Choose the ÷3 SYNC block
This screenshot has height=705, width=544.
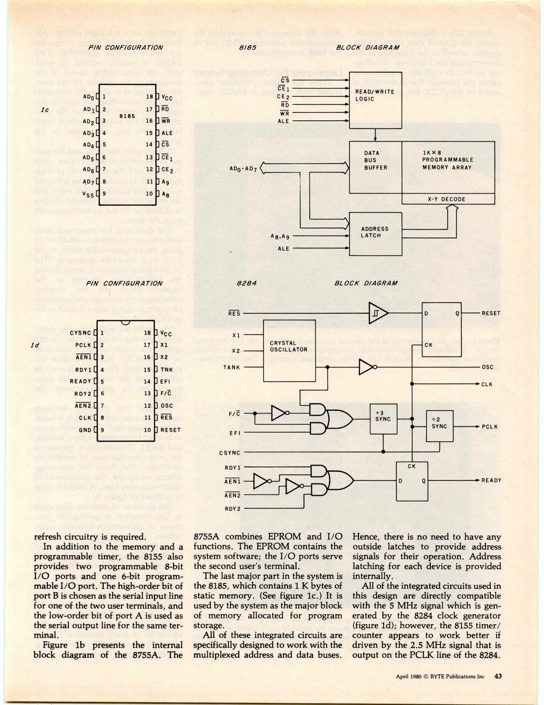[383, 418]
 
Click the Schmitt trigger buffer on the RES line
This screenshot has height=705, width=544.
[378, 313]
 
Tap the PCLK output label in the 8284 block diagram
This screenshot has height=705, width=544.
[490, 427]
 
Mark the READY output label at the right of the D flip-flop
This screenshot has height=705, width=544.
[491, 480]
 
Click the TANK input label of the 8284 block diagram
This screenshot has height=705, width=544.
[232, 368]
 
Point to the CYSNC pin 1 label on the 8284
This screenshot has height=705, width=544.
[81, 333]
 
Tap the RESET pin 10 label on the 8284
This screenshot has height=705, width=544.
[170, 430]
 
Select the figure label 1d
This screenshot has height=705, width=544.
[35, 345]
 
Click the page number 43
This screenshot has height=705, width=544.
[498, 676]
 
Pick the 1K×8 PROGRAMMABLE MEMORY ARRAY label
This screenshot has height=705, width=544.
[447, 160]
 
